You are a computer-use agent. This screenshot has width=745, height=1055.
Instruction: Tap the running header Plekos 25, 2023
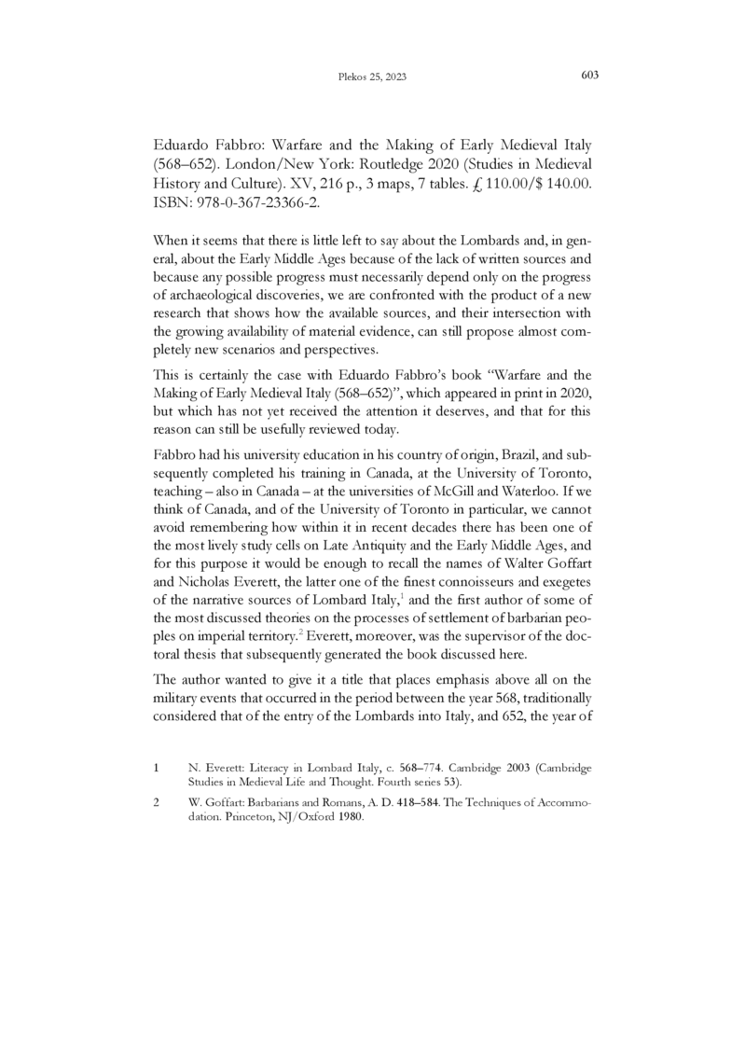pos(372,76)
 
